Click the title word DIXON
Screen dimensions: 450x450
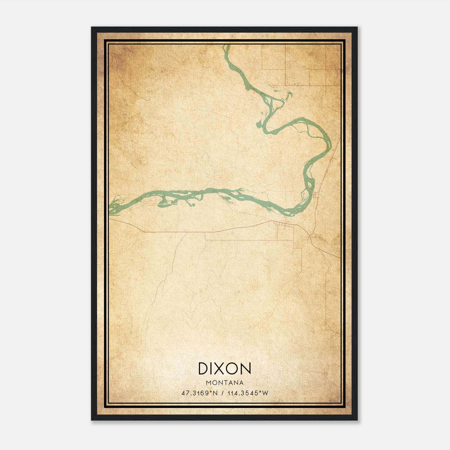[x=224, y=368]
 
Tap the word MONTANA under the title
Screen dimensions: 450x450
[x=225, y=383]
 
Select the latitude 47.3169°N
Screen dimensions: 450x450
[x=200, y=393]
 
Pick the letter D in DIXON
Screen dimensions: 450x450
[x=203, y=368]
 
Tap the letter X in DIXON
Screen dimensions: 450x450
[x=220, y=368]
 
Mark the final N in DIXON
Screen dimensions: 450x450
[x=246, y=368]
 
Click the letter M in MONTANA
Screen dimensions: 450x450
[x=208, y=383]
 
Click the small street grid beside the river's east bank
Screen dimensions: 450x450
[x=316, y=194]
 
